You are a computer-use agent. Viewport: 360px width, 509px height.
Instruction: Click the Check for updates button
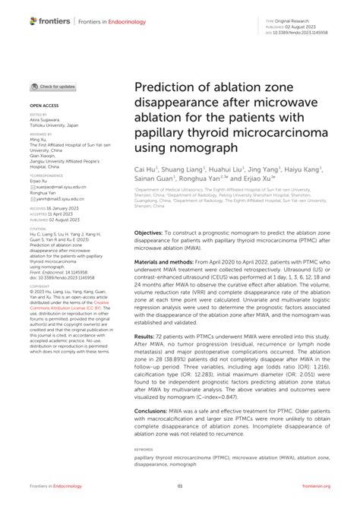click(x=52, y=87)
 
